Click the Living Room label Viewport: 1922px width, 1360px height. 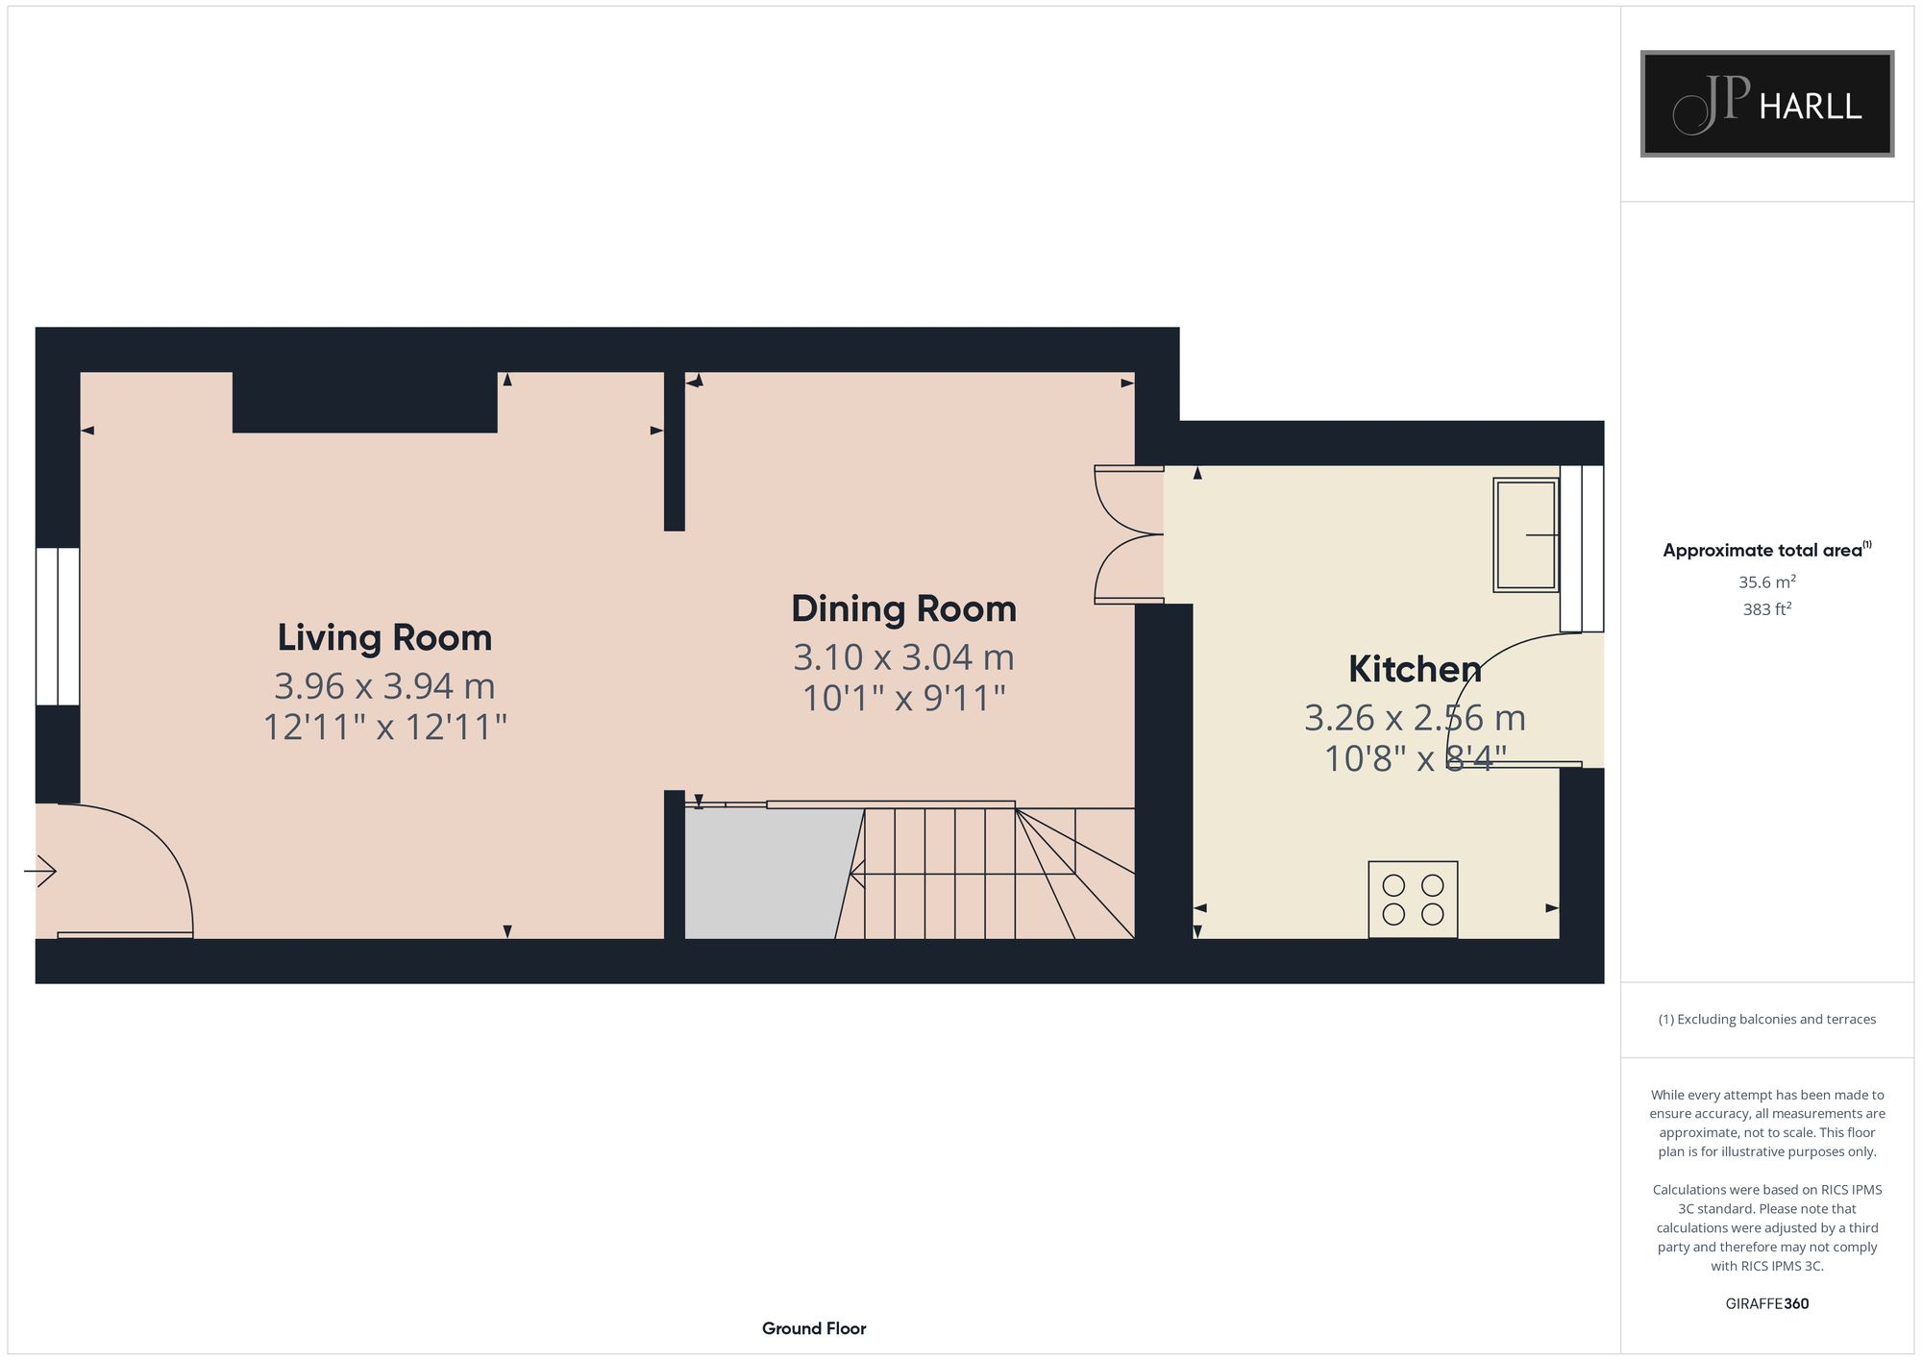pyautogui.click(x=384, y=637)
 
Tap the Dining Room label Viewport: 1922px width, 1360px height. pyautogui.click(x=903, y=608)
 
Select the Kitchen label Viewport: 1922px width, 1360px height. pyautogui.click(x=1414, y=669)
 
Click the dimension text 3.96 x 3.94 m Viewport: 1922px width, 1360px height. pyautogui.click(x=384, y=686)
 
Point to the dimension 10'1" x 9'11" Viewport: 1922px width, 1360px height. pyautogui.click(x=903, y=699)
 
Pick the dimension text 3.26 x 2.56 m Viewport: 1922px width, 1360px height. pyautogui.click(x=1414, y=718)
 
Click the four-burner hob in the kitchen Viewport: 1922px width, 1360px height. pyautogui.click(x=1413, y=900)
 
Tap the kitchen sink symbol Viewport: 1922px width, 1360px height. pyautogui.click(x=1525, y=534)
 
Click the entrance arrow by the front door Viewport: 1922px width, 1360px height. pyautogui.click(x=40, y=871)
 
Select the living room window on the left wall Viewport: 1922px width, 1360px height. pyautogui.click(x=58, y=627)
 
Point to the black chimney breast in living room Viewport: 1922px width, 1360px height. pyautogui.click(x=364, y=403)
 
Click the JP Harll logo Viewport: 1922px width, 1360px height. pyautogui.click(x=1766, y=104)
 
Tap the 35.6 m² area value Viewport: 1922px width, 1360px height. pyautogui.click(x=1766, y=582)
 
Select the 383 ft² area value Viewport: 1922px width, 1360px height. pyautogui.click(x=1766, y=609)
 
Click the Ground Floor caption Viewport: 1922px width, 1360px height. pyautogui.click(x=814, y=1328)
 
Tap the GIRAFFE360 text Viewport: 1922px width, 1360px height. pyautogui.click(x=1766, y=1304)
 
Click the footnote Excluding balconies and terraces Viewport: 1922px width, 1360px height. pyautogui.click(x=1766, y=1020)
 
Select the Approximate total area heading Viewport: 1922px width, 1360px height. pyautogui.click(x=1764, y=551)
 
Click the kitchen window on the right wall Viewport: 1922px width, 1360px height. pyautogui.click(x=1582, y=548)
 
